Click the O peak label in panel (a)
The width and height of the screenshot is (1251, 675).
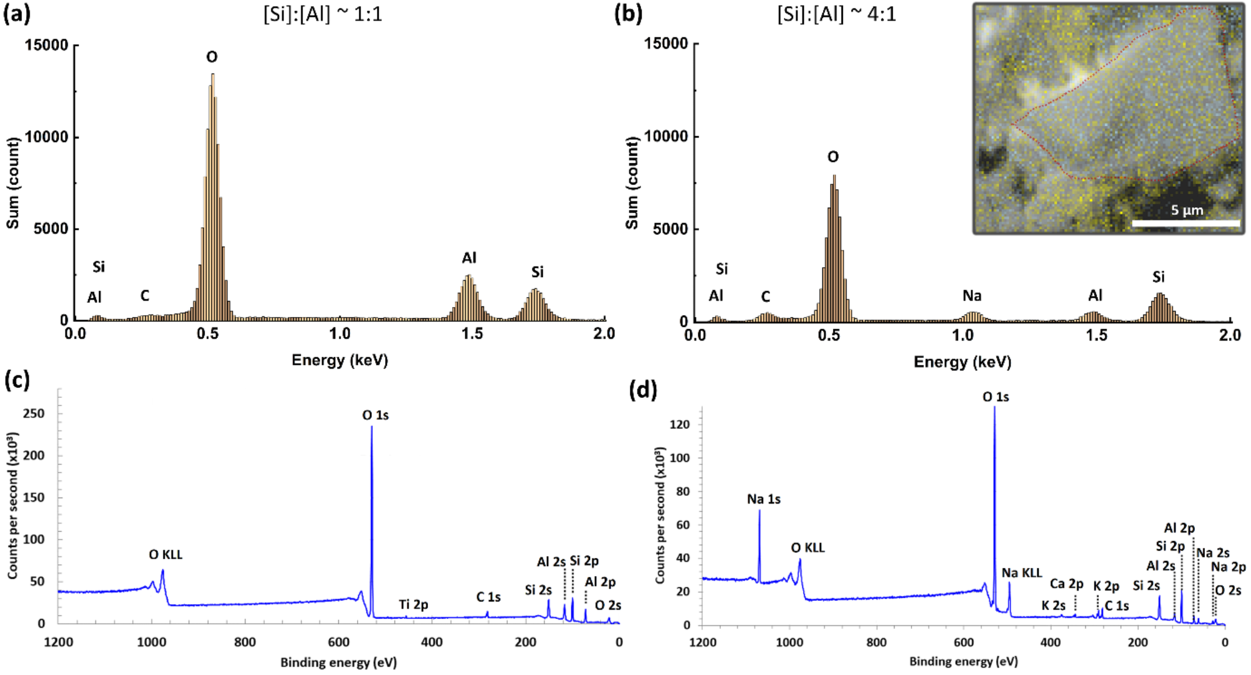[x=212, y=57]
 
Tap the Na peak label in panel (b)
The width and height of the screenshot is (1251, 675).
[x=972, y=295]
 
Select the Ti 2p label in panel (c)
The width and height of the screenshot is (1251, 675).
[x=414, y=605]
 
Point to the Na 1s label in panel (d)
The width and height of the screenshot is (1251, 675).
[x=764, y=499]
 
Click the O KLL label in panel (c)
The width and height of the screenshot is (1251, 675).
[x=166, y=554]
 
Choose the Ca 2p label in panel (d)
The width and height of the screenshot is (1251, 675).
[x=1067, y=583]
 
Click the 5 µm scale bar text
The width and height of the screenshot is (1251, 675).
[x=1187, y=210]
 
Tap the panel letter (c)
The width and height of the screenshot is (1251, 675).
[x=17, y=379]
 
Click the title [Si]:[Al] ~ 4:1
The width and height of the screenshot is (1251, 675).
[x=837, y=14]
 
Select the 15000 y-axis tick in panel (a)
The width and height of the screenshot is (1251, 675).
[x=46, y=45]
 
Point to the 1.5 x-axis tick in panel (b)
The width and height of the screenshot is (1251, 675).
[x=1096, y=336]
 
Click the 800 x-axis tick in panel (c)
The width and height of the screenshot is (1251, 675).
[x=245, y=642]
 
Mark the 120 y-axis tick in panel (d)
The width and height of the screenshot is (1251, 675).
[x=679, y=424]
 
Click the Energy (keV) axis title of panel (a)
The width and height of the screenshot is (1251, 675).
[x=340, y=360]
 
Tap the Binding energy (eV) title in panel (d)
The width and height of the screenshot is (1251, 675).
[x=963, y=661]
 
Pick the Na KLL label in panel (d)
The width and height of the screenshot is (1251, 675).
[x=1022, y=573]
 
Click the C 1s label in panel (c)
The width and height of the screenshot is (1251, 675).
[x=488, y=597]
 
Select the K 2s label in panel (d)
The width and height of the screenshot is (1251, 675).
[x=1053, y=605]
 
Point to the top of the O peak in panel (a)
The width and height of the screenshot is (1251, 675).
[x=212, y=74]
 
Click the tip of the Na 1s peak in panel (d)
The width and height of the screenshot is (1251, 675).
[x=759, y=511]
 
